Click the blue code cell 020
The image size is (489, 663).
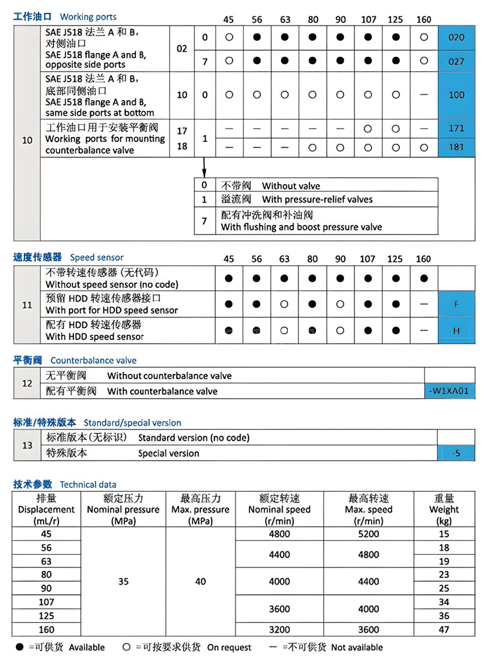456,37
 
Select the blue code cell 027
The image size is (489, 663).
456,61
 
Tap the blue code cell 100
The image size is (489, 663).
456,95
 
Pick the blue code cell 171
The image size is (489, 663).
456,128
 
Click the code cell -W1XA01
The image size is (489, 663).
449,391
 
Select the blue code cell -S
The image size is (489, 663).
456,453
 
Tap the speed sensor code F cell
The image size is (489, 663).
456,304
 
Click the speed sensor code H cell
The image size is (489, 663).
456,331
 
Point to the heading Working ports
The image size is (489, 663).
88,17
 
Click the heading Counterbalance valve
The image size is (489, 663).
93,360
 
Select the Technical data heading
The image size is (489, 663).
88,484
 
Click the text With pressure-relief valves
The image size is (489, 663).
317,199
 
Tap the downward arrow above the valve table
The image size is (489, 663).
204,168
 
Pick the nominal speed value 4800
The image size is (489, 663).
279,534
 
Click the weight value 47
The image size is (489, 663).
444,629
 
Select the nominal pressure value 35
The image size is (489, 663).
123,581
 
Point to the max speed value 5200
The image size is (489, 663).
368,534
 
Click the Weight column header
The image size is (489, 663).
444,509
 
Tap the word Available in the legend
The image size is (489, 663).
87,647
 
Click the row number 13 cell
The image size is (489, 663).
27,445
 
